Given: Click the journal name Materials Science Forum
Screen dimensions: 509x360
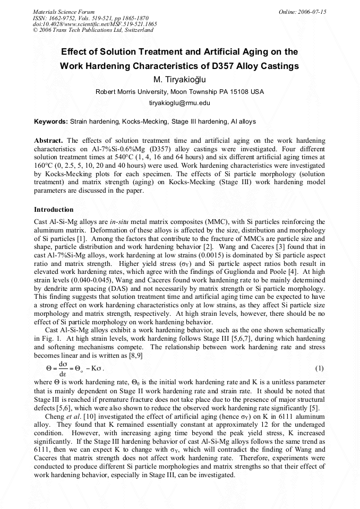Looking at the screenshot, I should click(x=64, y=11).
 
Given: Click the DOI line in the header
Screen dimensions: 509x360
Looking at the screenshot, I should click(x=95, y=24).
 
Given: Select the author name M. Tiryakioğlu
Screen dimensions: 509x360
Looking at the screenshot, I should click(x=179, y=80).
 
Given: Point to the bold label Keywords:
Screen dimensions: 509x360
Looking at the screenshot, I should click(x=51, y=122).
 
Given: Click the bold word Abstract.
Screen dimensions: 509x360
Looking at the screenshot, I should click(x=48, y=141).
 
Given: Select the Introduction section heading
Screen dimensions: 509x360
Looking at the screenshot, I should click(x=54, y=210).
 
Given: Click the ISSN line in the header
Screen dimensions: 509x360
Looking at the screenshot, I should click(x=84, y=18).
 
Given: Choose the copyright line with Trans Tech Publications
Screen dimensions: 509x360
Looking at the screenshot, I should click(x=93, y=30).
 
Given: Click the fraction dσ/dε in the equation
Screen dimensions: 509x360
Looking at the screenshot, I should click(x=62, y=368).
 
